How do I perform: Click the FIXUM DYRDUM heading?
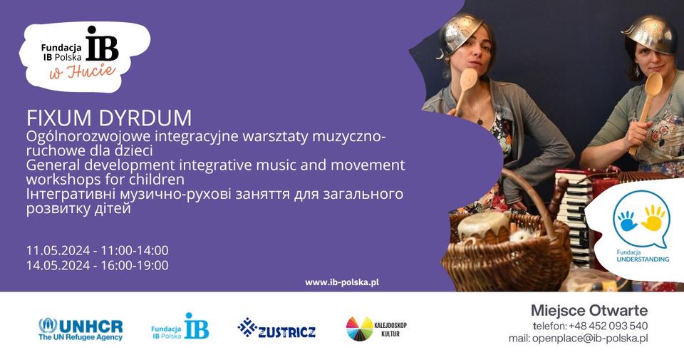(109, 117)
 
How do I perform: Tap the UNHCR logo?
(81, 329)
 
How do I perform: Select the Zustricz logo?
(276, 329)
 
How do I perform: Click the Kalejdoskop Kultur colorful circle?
(359, 329)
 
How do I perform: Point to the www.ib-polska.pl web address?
(341, 282)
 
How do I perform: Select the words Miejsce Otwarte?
(589, 310)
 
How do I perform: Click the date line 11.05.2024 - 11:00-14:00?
(97, 250)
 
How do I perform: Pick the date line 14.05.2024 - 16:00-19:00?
(97, 265)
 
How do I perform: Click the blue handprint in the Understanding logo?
(628, 220)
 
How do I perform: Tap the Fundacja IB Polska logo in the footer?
(180, 327)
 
